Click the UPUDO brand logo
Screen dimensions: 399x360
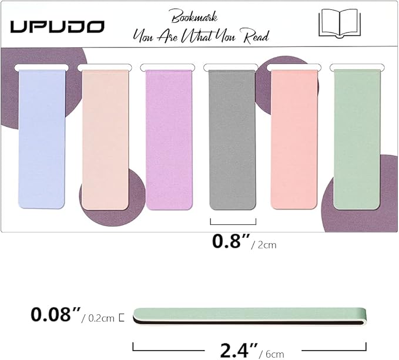(x=57, y=26)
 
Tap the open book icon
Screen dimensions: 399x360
(x=340, y=23)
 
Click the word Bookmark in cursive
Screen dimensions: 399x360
(x=195, y=16)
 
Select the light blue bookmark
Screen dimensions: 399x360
(x=42, y=139)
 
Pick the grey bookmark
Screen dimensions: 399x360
(x=232, y=140)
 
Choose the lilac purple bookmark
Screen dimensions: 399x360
(x=169, y=140)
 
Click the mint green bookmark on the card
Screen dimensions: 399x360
(x=357, y=139)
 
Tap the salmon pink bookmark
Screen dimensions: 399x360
(x=294, y=140)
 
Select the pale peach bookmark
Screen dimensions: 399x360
(x=105, y=140)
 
